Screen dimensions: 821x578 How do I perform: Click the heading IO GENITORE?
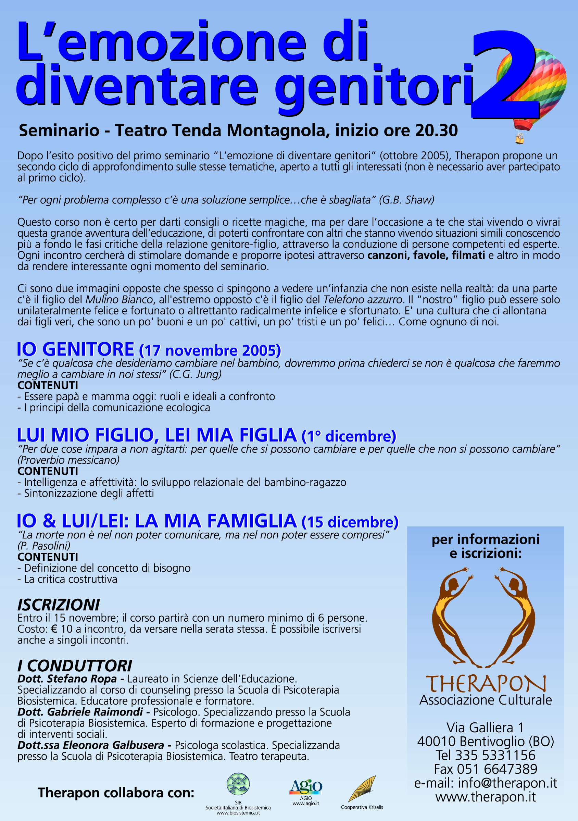[75, 350]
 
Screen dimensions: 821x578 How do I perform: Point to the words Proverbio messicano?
[68, 460]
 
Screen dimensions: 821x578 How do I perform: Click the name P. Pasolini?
[44, 546]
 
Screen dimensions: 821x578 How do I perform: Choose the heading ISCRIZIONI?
[59, 605]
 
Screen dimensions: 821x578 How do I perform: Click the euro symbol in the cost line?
[54, 629]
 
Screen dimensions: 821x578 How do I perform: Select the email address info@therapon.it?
[507, 783]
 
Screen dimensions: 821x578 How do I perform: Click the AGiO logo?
[306, 787]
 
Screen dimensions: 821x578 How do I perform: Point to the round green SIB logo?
[238, 784]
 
